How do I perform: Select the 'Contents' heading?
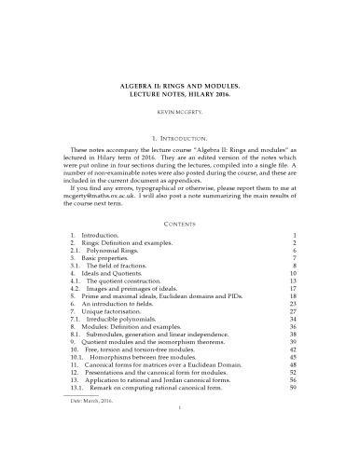click(x=180, y=198)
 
